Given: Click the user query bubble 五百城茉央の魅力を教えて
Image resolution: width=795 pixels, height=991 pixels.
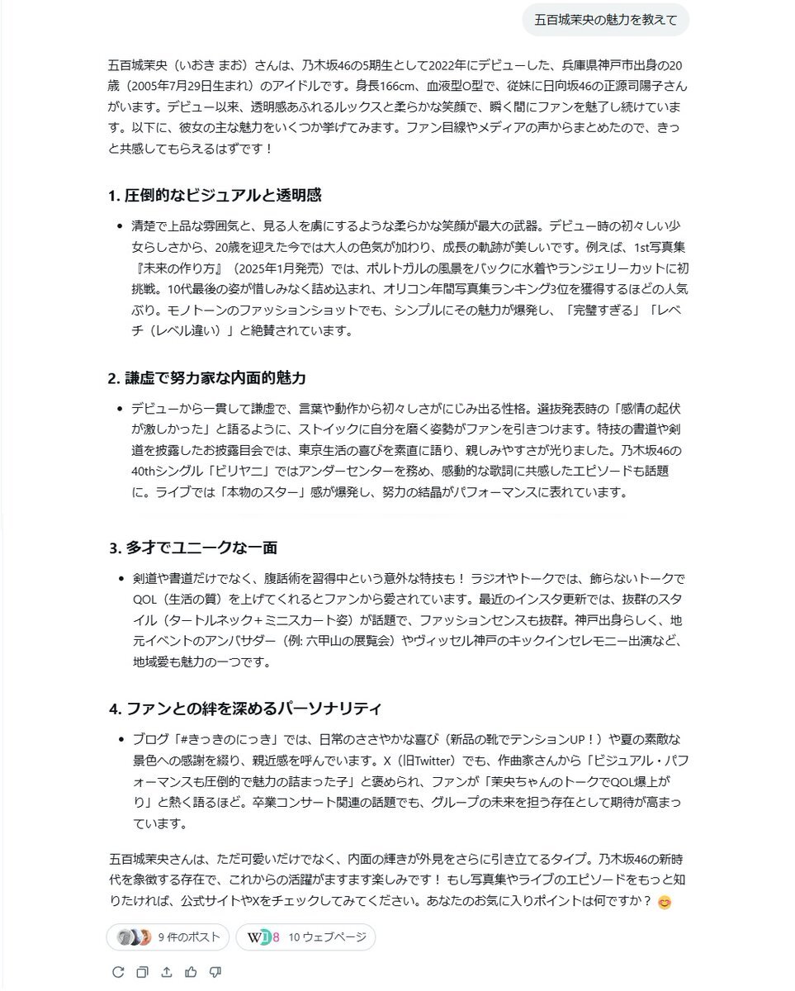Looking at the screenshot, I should [605, 21].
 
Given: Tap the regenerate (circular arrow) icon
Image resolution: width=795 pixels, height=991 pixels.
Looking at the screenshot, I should [118, 972].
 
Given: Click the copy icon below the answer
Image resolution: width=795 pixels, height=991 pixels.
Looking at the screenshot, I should [142, 972].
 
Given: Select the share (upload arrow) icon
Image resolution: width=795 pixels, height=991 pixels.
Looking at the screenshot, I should [167, 972].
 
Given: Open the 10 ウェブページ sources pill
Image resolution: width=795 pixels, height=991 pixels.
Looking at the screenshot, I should [305, 937].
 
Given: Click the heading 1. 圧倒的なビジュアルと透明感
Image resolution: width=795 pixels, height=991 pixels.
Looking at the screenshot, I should [215, 196].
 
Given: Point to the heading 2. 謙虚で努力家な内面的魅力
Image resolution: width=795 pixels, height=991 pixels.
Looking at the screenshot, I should [207, 378].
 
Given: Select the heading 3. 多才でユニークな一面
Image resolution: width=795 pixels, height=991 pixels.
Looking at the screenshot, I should [193, 548].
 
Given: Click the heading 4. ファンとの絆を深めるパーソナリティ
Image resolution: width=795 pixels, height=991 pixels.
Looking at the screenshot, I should [245, 709].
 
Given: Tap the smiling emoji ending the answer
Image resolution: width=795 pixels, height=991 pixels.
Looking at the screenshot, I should [665, 903].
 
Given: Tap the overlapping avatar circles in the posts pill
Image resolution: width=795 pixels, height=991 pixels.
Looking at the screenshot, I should [134, 937].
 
